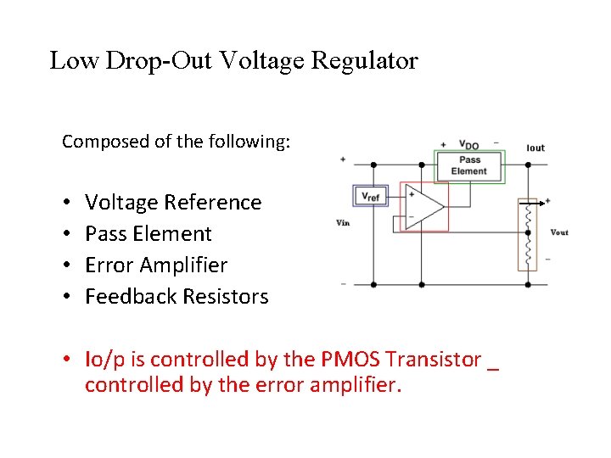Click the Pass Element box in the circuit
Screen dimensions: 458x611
point(469,165)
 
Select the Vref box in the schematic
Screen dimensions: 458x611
point(370,196)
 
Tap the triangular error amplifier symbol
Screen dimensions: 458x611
point(425,205)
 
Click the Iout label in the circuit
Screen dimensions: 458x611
point(535,148)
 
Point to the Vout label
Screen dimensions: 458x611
point(559,232)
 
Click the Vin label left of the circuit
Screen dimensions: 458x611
point(344,223)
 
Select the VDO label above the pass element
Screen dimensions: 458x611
point(468,144)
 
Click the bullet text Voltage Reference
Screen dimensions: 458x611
point(173,203)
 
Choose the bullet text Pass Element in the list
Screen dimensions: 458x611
point(149,234)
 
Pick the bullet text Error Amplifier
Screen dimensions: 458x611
point(156,265)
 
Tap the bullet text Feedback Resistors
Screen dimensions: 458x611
point(177,297)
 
